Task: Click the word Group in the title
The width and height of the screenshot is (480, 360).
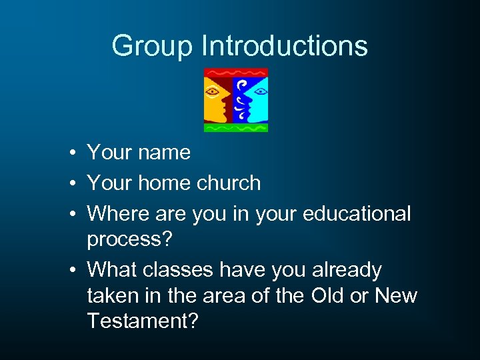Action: point(153,46)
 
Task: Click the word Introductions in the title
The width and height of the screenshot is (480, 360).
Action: point(285,46)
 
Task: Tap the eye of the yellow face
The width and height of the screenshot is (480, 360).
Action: point(213,91)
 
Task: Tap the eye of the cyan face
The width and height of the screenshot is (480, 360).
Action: point(259,90)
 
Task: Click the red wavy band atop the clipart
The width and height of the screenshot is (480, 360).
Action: point(236,72)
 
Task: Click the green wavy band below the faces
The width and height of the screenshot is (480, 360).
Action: point(236,126)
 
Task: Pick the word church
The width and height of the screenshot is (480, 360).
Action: point(229,183)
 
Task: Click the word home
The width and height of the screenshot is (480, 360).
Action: point(165,183)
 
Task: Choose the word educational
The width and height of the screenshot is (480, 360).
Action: point(357,214)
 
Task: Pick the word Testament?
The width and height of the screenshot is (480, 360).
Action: point(143,321)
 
